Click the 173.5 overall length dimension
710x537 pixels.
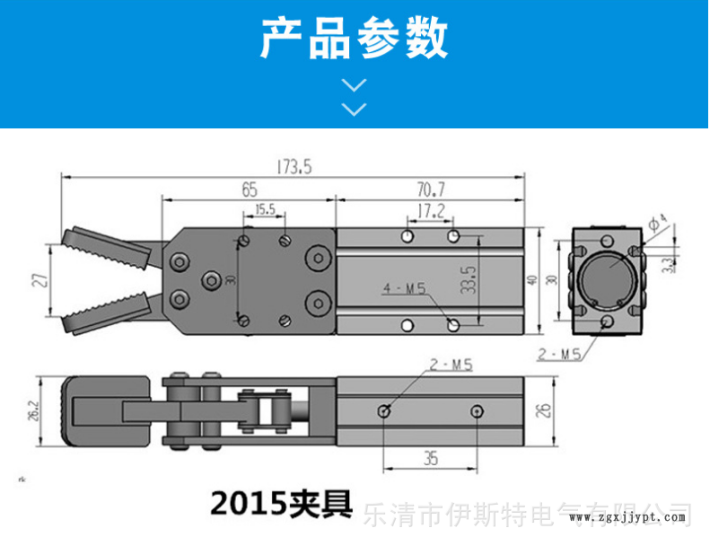pos(293,167)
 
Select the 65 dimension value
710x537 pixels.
pos(249,189)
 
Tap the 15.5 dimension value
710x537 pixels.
pos(265,210)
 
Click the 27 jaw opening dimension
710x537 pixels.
pos(39,279)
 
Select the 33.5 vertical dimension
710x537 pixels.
pos(467,279)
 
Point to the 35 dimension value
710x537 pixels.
pos(430,459)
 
